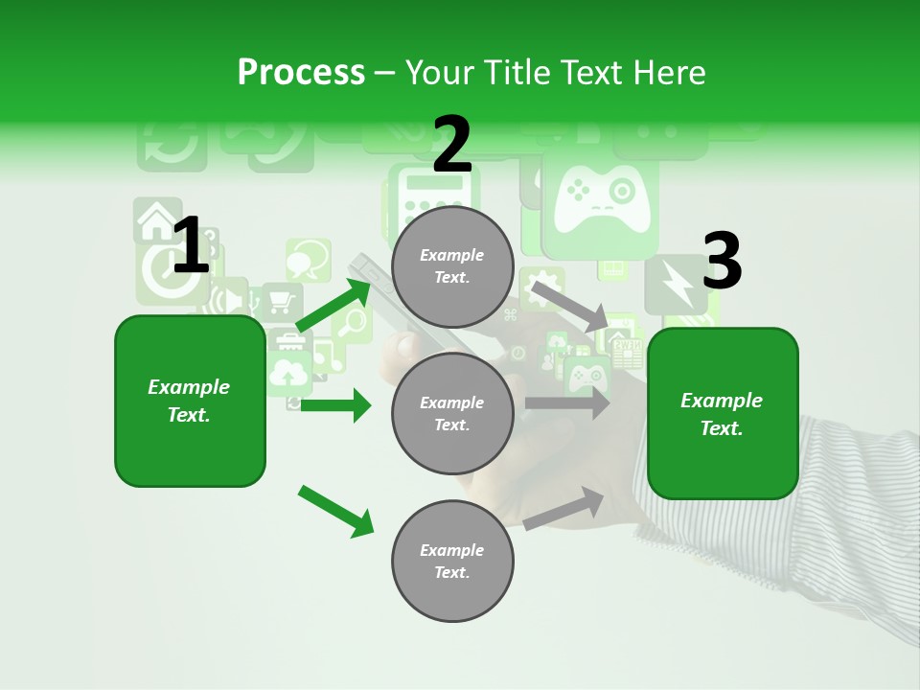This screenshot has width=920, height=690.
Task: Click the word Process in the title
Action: (x=301, y=73)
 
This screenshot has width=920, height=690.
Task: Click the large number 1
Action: (x=190, y=245)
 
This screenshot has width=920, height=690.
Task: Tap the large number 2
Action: (x=452, y=146)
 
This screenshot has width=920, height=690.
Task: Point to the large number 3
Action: (x=722, y=262)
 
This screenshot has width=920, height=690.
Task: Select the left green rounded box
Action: (x=190, y=401)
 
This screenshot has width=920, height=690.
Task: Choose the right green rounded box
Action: (x=723, y=413)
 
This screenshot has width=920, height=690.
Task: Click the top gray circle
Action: (x=452, y=266)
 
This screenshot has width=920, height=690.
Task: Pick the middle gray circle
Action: (x=452, y=414)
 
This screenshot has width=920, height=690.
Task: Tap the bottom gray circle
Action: (x=452, y=561)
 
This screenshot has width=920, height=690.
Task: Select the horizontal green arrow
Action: (x=335, y=405)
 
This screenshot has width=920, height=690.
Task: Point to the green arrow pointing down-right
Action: (x=335, y=511)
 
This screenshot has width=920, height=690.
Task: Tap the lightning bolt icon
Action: (x=677, y=284)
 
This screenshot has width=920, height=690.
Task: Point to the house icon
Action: (x=156, y=221)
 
